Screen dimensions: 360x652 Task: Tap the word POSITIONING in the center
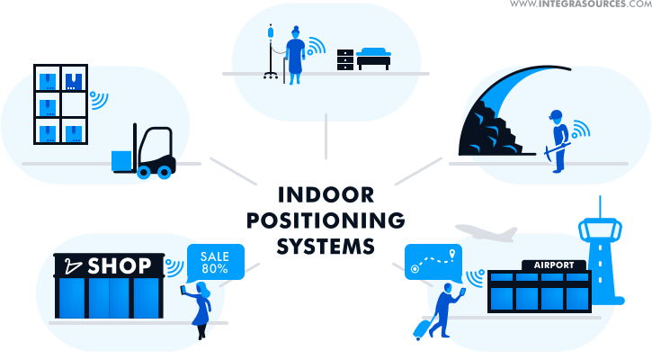coord(326,220)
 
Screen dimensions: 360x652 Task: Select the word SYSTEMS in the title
coord(326,245)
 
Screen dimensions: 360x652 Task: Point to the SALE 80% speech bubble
coord(214,263)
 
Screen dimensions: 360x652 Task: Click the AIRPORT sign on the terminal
coord(553,265)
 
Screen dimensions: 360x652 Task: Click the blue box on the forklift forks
coord(121,160)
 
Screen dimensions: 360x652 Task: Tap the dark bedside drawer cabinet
coord(345,59)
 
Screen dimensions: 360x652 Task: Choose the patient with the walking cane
coord(294,54)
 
